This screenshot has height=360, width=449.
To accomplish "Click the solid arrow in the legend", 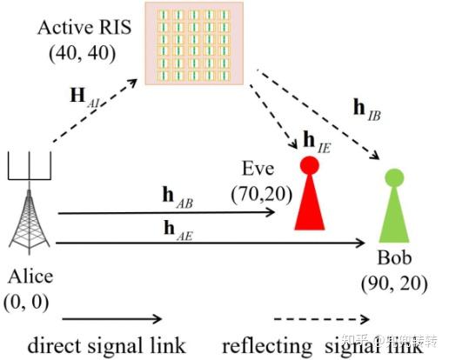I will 112,319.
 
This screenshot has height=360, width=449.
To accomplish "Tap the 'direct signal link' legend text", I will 104,345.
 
